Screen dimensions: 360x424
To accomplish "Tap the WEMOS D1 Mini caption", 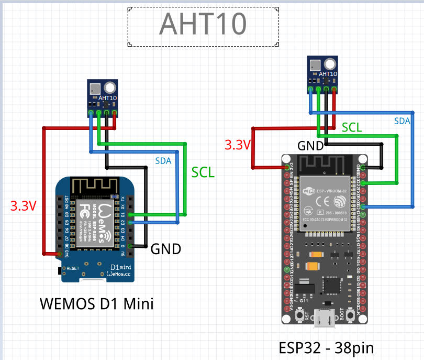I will pyautogui.click(x=97, y=303).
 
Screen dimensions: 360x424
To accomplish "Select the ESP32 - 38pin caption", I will pyautogui.click(x=326, y=348).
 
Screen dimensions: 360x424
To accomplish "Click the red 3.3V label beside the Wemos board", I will pyautogui.click(x=24, y=206).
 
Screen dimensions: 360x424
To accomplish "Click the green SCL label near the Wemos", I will pyautogui.click(x=203, y=172).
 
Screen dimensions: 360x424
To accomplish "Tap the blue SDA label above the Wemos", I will pyautogui.click(x=163, y=161).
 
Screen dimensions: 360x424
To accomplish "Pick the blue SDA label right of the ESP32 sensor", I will pyautogui.click(x=402, y=121).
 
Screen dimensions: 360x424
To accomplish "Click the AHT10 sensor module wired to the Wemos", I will pyautogui.click(x=103, y=97).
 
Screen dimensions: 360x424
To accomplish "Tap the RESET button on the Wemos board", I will pyautogui.click(x=59, y=270).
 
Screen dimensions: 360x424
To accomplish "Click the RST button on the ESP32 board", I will pyautogui.click(x=300, y=315).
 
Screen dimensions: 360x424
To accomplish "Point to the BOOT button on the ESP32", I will pyautogui.click(x=349, y=315).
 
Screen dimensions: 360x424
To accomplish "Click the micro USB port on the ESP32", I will pyautogui.click(x=325, y=318).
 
